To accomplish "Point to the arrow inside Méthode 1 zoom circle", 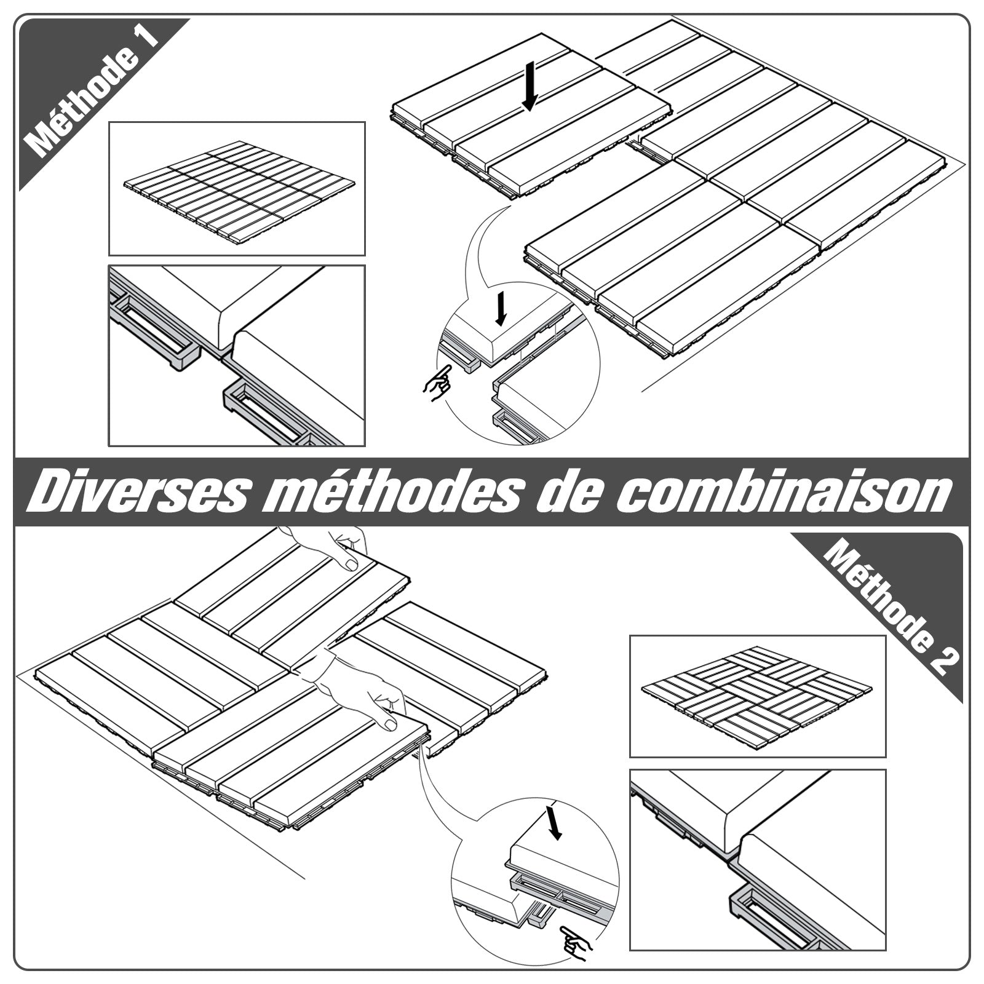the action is [501, 308].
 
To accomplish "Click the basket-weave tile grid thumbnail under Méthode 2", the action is [757, 696].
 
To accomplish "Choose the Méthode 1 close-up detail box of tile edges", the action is [237, 355].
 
